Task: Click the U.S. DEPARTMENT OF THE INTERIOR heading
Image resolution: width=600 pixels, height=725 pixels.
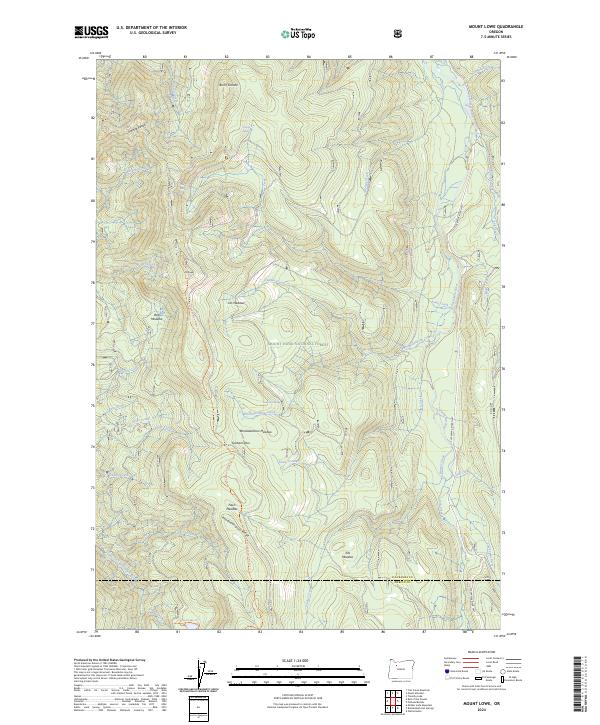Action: coord(151,27)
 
